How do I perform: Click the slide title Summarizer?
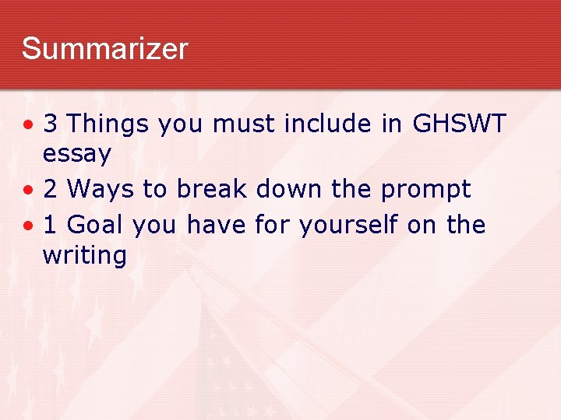tap(104, 49)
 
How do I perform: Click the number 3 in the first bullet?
tap(51, 123)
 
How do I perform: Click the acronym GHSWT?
tap(460, 123)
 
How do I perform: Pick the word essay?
tap(77, 155)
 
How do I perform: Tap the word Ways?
tap(101, 189)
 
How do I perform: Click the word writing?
tap(84, 256)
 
